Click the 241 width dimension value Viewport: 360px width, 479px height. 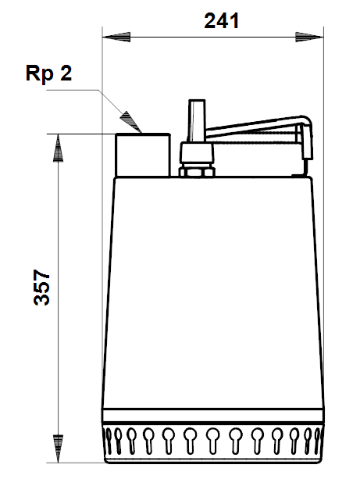click(221, 21)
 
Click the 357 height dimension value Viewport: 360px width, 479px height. click(41, 287)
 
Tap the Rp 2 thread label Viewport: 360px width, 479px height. click(49, 73)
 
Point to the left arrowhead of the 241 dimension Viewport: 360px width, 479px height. click(116, 38)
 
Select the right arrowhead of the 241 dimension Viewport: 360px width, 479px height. click(309, 38)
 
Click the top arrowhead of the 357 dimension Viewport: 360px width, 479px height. click(58, 148)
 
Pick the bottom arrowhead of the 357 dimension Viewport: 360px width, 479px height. click(58, 449)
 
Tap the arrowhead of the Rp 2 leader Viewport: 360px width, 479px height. click(131, 122)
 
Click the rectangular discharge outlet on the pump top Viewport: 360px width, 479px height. click(143, 155)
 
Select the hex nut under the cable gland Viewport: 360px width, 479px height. click(197, 172)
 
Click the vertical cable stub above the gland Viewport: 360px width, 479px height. click(197, 120)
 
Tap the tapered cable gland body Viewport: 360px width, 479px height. click(197, 154)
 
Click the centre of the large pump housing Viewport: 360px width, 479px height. click(213, 291)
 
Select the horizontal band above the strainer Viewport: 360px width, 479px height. click(213, 416)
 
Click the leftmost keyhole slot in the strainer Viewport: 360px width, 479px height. click(108, 440)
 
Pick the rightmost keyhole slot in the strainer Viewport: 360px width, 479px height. click(318, 440)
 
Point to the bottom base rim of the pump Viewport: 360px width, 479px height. click(213, 459)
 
